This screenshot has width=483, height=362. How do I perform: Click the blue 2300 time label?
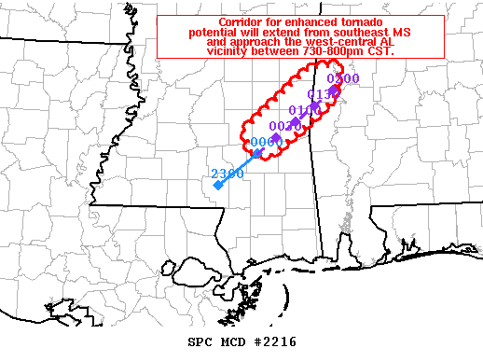click(228, 174)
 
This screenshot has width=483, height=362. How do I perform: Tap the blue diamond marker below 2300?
click(217, 186)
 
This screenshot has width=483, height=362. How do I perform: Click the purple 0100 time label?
click(305, 110)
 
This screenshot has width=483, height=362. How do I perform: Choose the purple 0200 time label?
click(342, 79)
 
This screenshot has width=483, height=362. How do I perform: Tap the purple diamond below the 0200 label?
click(334, 90)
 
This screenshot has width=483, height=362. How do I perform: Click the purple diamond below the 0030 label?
click(276, 138)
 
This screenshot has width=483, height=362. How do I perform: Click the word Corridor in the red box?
click(246, 22)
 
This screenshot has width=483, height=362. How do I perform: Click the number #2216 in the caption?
click(274, 342)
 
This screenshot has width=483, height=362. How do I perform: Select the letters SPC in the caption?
click(199, 342)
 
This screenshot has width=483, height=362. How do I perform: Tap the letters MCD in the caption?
click(231, 342)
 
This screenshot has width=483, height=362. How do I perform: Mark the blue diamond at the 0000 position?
click(256, 152)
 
